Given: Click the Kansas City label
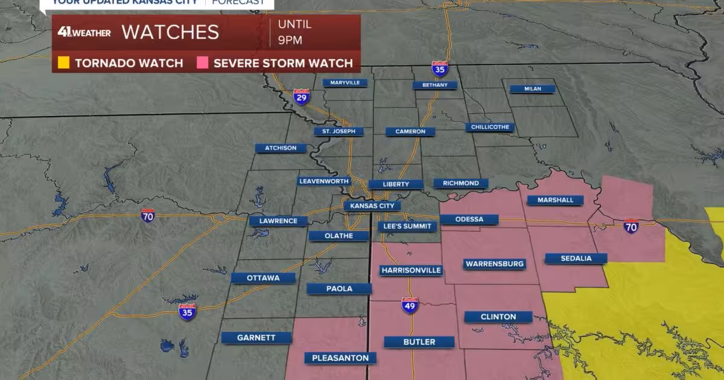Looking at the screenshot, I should [x=372, y=206].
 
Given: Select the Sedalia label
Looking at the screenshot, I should [x=576, y=258].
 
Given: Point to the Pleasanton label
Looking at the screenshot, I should [x=340, y=358].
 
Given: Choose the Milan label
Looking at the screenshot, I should [x=532, y=89].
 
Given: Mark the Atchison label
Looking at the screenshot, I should [x=281, y=148].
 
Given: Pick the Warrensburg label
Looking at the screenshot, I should [x=495, y=264].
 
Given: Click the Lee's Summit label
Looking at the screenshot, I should [x=407, y=226].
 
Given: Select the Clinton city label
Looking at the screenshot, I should [x=498, y=317].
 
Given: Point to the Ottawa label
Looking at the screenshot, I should [x=263, y=278].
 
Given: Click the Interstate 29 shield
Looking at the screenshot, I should [x=302, y=97].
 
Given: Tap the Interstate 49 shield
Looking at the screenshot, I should [x=410, y=305].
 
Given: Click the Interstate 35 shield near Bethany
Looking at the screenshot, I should [x=440, y=69].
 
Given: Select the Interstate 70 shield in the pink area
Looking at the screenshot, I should [x=631, y=226].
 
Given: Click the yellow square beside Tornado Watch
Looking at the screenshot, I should [x=63, y=63].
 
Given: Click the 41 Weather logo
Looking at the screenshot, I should [x=84, y=33].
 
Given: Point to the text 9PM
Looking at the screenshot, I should [x=290, y=41].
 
